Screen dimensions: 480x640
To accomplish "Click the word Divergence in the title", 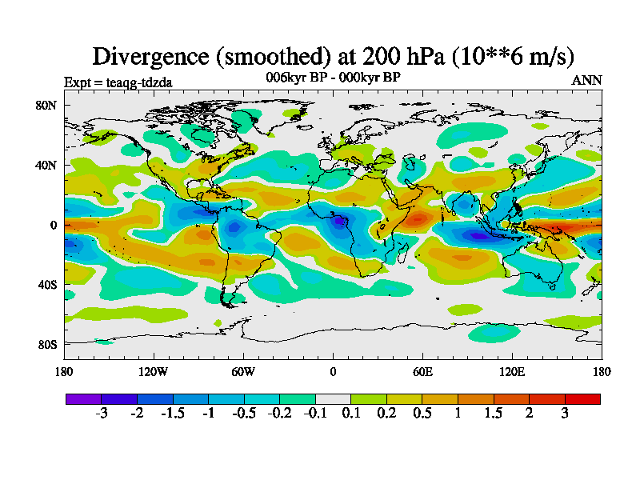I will pos(148,56).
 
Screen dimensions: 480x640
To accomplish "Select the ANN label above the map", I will pos(586,80).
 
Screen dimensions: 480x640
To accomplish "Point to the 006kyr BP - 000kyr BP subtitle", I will pos(333,77).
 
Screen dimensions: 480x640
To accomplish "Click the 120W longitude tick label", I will pos(154,371).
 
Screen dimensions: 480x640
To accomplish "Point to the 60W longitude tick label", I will pos(243,371).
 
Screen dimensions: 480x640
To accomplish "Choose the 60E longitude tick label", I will pos(422,371).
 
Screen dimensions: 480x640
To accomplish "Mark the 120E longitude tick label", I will pos(512,371).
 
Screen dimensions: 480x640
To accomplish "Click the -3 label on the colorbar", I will pos(101,413).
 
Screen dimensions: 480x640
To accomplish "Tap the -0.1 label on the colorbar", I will pos(314,413).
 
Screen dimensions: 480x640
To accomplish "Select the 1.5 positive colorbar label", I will pos(494,413).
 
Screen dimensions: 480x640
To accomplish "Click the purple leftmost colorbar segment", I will pos(83,398).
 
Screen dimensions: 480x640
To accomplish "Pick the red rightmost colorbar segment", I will pos(582,398).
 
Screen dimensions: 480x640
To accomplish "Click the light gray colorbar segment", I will pos(333,398).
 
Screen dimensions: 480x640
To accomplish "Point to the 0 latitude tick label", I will pos(54,225).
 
